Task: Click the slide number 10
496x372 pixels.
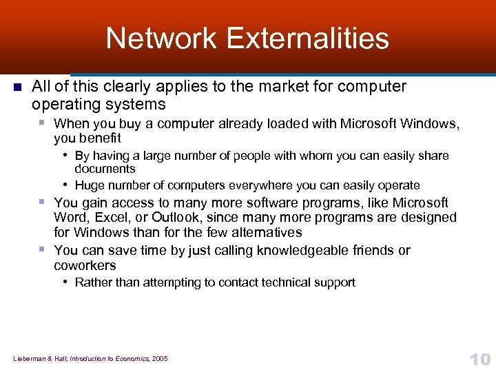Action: click(x=479, y=359)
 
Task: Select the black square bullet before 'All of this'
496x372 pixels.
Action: click(x=18, y=87)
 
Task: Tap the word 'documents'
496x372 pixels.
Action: click(x=105, y=169)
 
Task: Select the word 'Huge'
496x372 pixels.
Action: click(x=89, y=185)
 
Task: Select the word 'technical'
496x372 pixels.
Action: click(x=284, y=282)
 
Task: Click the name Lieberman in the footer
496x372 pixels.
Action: click(x=28, y=358)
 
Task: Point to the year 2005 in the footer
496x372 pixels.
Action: click(x=159, y=358)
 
